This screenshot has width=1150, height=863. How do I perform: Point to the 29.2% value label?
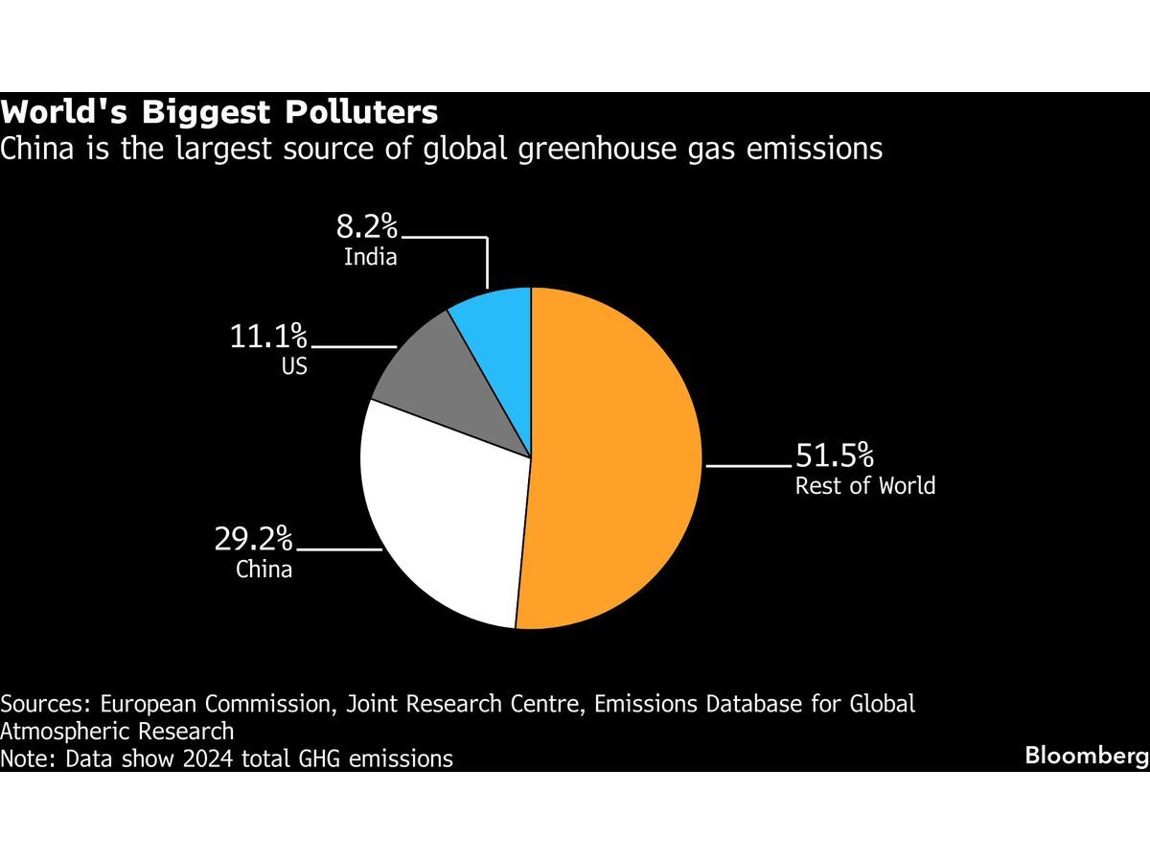254,539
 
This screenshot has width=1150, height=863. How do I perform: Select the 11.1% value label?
268,337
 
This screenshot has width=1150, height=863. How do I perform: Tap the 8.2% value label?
366,227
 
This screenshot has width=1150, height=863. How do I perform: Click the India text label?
370,257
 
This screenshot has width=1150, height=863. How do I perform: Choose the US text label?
294,366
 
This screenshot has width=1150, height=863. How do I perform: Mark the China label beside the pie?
264,570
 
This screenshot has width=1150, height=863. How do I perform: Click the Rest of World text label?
864,485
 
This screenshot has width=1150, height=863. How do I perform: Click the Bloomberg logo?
1086,756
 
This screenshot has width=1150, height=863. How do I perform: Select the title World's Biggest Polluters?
219,113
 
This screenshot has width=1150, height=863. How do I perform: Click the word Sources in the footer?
44,704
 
